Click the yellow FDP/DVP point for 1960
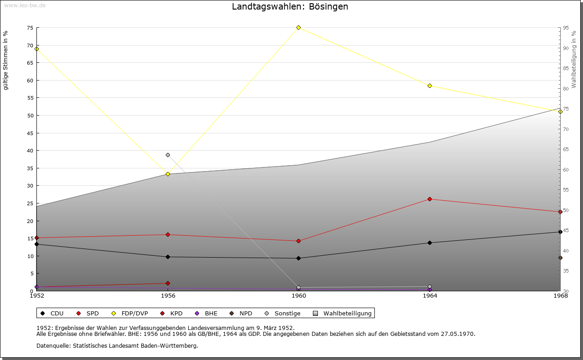298,28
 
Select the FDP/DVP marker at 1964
430,86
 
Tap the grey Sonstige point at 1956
168,155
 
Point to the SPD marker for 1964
430,199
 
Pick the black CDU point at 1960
298,259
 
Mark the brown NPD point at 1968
560,258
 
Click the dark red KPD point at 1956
168,283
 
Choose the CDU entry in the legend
52,314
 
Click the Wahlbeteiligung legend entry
342,314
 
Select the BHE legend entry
206,314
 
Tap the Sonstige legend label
287,314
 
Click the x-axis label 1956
168,296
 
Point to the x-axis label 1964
430,296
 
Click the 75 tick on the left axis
30,28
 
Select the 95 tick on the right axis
566,28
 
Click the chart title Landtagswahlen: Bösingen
290,7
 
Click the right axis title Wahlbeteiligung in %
574,60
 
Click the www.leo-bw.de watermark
25,5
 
